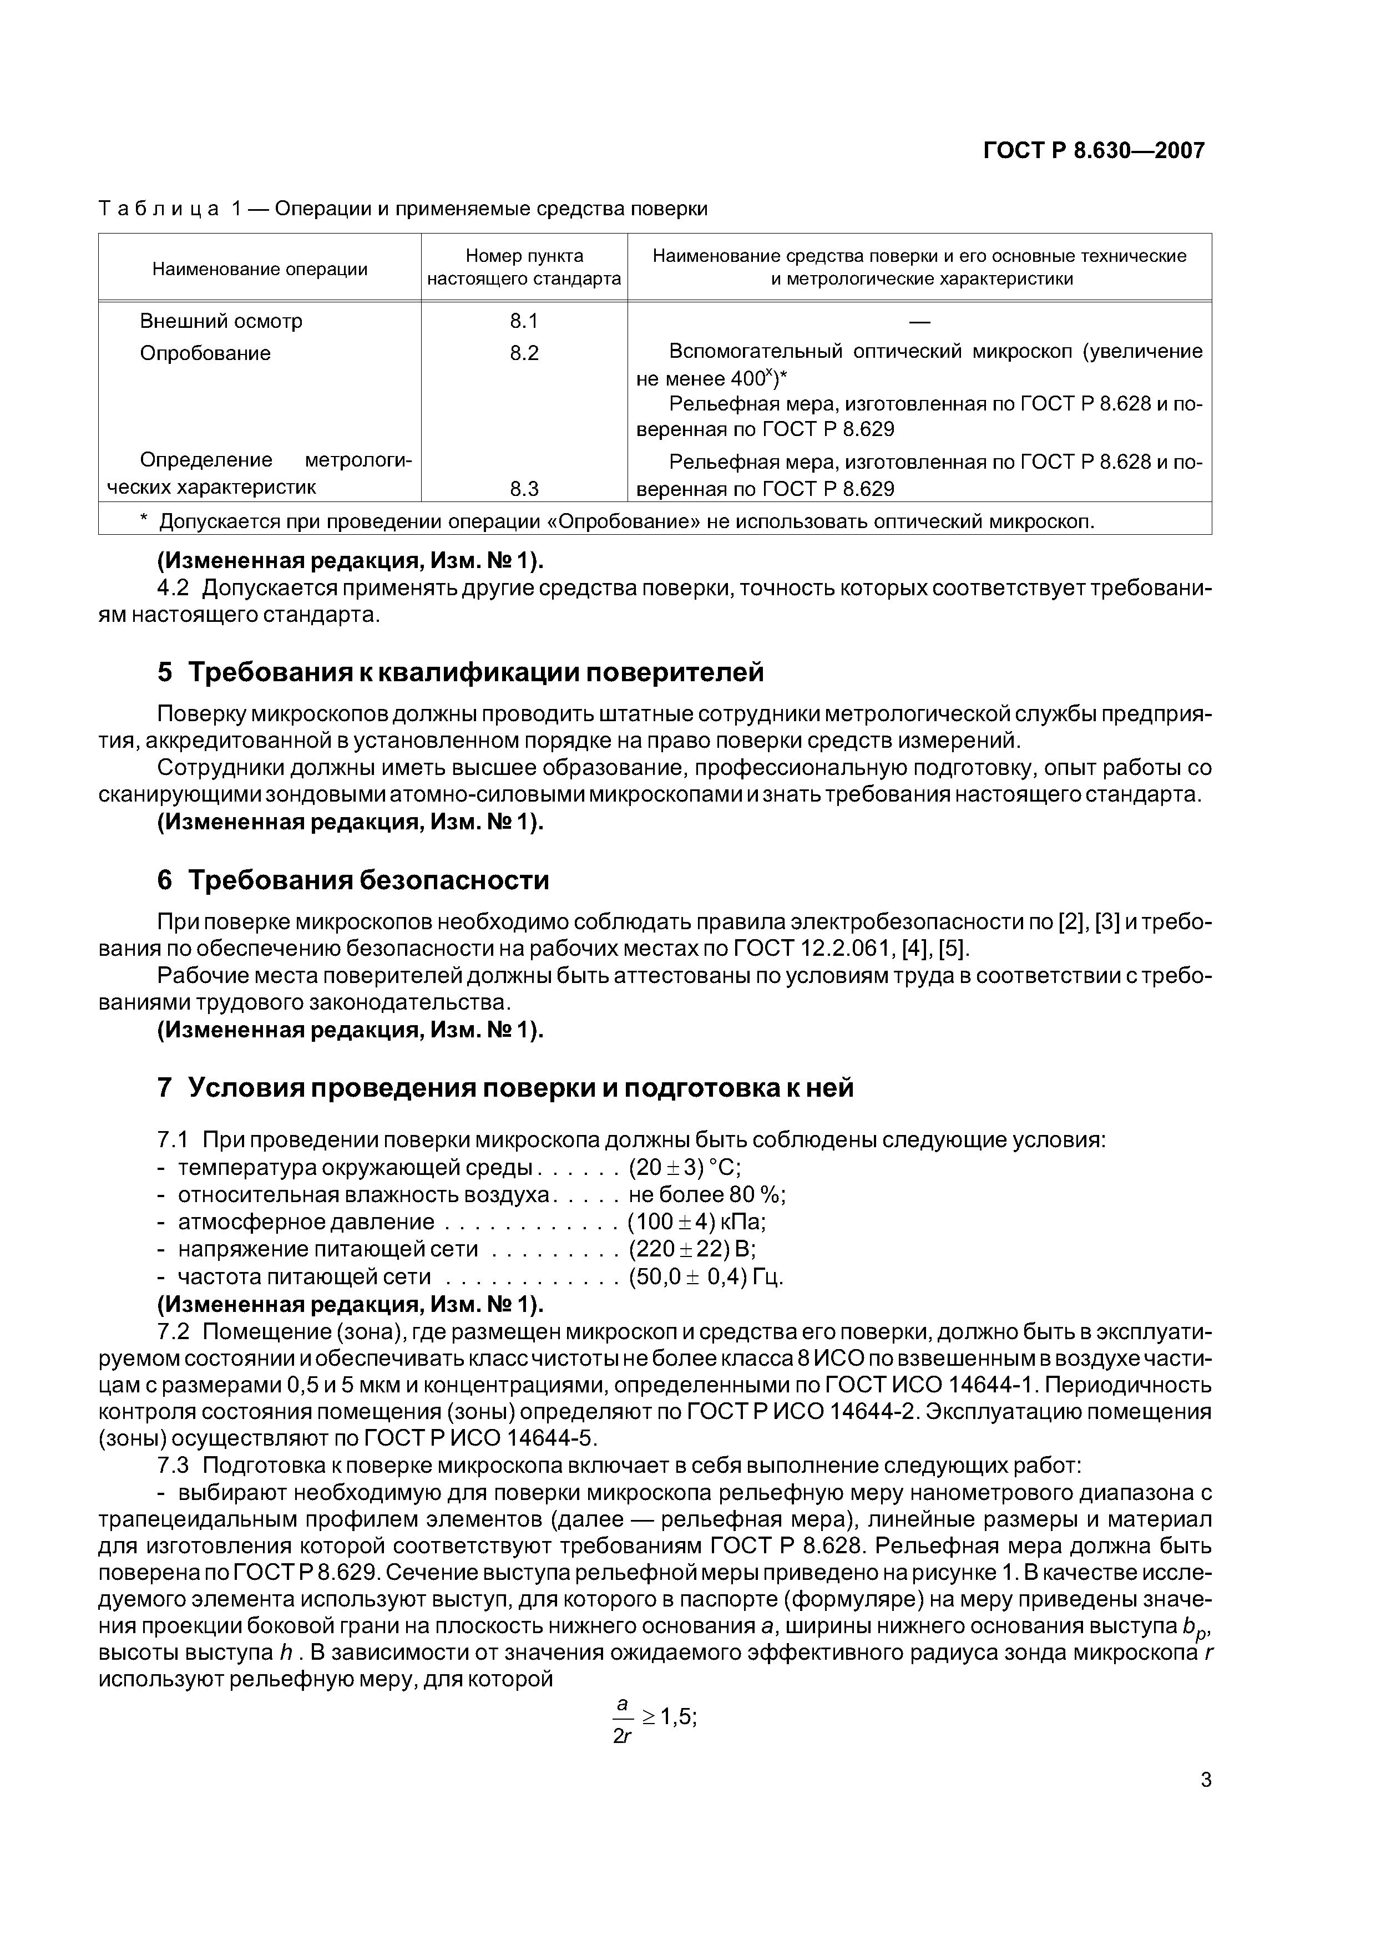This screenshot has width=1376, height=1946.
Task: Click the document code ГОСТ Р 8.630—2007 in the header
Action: [1093, 151]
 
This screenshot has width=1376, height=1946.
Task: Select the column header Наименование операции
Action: [260, 270]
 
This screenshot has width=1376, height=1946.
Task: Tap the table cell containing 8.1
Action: [524, 321]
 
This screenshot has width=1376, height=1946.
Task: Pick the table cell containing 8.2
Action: [524, 353]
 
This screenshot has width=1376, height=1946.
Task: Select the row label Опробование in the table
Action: [205, 353]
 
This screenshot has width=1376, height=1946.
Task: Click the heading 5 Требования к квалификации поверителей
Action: [461, 672]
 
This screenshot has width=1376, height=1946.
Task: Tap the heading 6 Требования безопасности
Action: [353, 880]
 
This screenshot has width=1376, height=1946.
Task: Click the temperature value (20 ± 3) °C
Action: [684, 1168]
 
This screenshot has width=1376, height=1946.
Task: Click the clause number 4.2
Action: [174, 588]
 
